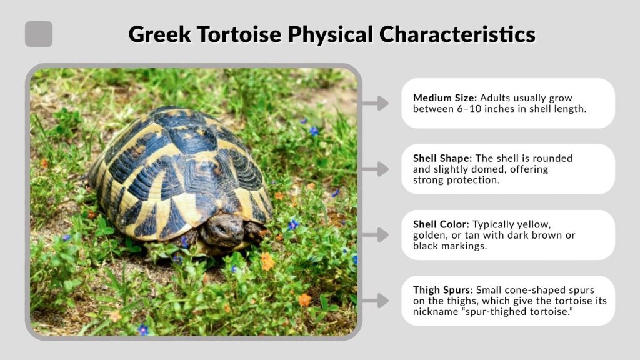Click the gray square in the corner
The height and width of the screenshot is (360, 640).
click(x=39, y=34)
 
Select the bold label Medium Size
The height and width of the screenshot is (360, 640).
click(x=442, y=98)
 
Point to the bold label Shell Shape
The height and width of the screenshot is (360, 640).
click(x=442, y=158)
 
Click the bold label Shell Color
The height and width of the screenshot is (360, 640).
click(x=441, y=224)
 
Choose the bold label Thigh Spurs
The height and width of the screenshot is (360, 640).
click(x=442, y=290)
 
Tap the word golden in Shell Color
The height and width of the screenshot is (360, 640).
click(x=429, y=235)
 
